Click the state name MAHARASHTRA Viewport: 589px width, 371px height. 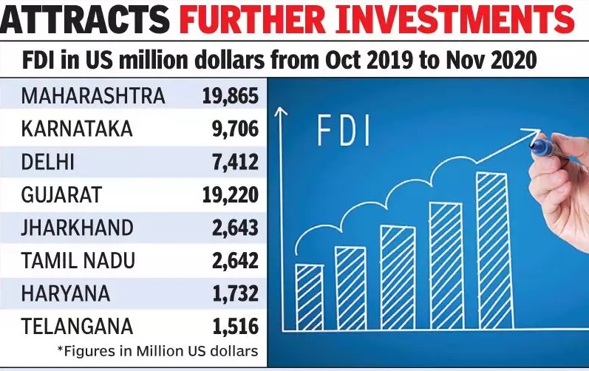[93, 96]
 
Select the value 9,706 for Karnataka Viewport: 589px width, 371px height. [236, 129]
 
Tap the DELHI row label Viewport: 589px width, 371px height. [48, 162]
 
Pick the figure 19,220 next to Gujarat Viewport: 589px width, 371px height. [231, 195]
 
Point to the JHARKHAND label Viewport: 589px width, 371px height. [77, 228]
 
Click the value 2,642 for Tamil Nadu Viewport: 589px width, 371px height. [236, 261]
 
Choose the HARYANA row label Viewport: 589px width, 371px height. [66, 293]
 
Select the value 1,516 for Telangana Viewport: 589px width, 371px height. [236, 327]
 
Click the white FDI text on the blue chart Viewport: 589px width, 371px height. [344, 131]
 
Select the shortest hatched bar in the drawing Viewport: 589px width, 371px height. [309, 297]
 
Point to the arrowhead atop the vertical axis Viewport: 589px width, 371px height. [281, 111]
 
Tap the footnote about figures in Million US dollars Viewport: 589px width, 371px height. [157, 351]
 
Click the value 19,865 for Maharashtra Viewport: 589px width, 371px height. [231, 96]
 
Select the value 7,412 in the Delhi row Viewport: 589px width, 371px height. [236, 162]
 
